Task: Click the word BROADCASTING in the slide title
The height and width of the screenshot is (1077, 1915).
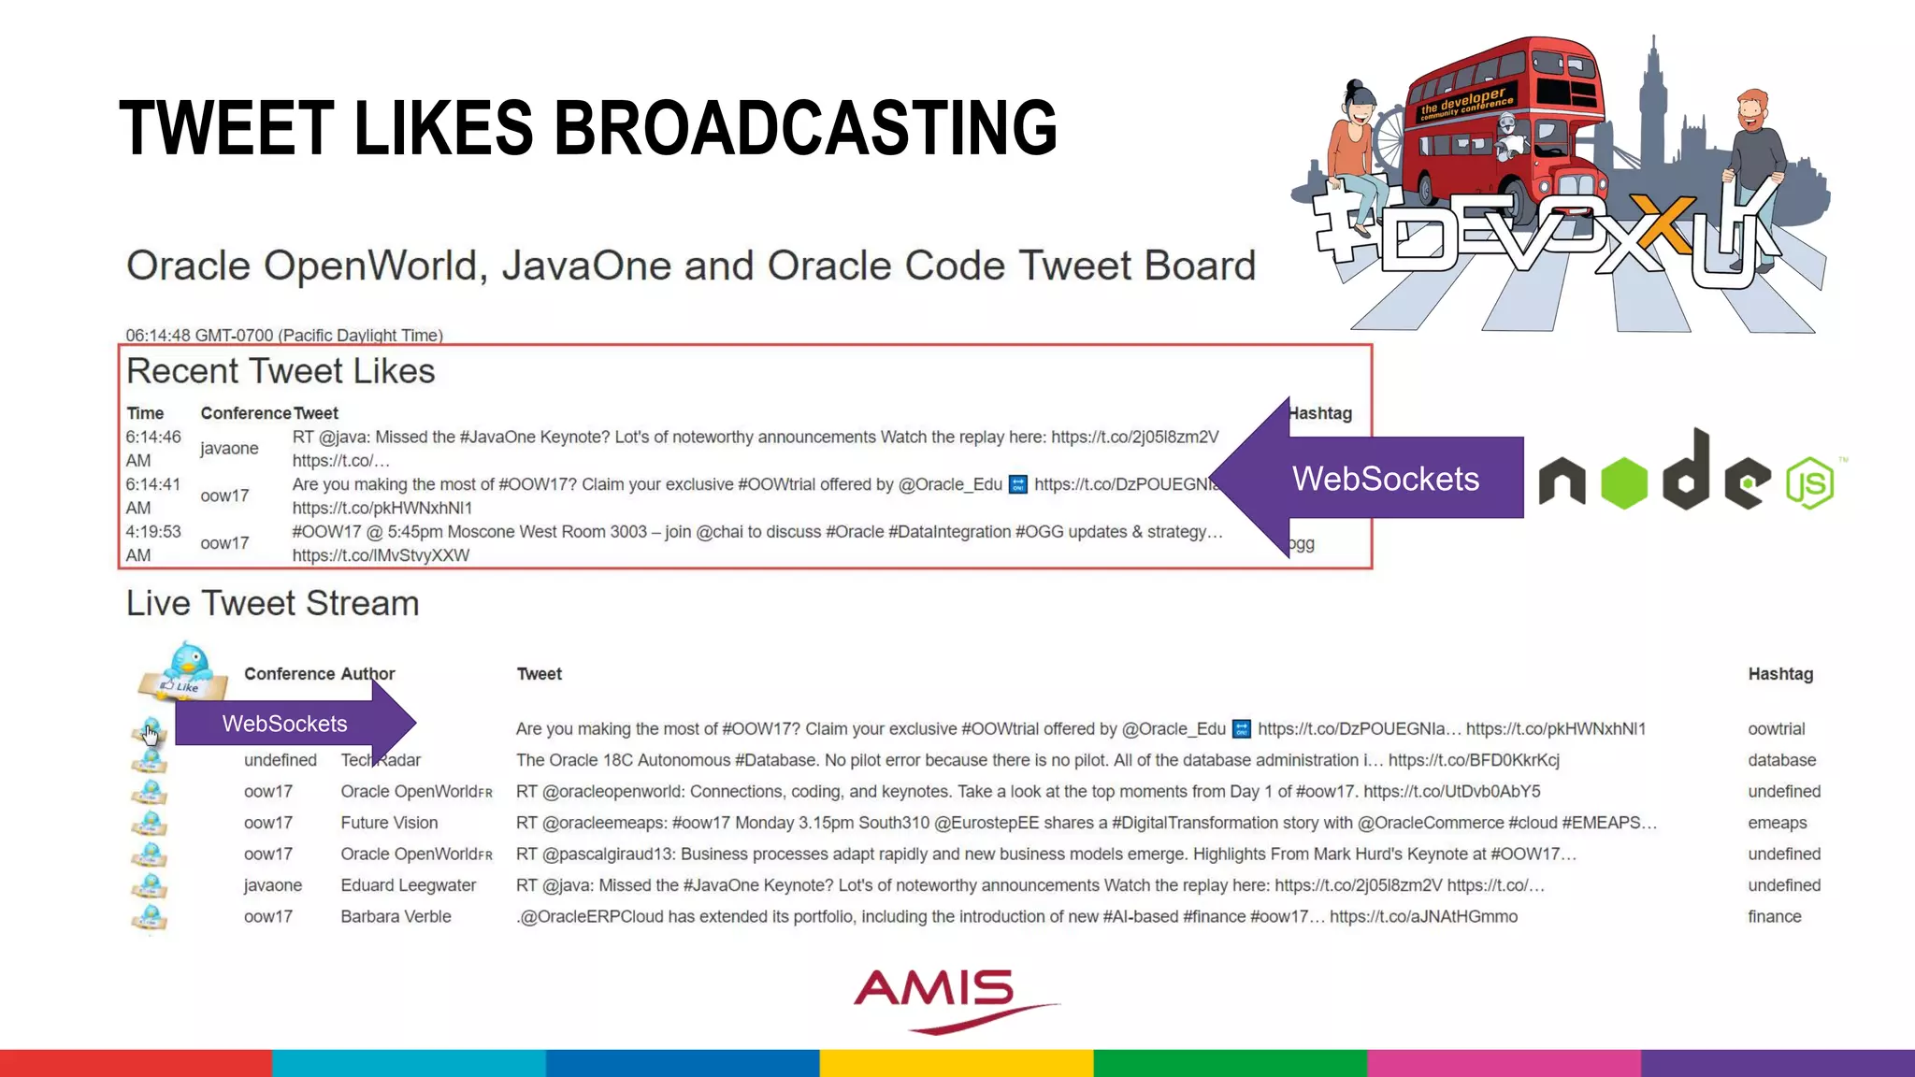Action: (x=805, y=128)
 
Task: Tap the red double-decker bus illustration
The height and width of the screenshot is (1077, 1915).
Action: (x=1505, y=122)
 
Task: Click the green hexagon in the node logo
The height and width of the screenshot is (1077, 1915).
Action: (x=1623, y=482)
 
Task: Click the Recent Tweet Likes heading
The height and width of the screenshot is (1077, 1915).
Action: (x=281, y=371)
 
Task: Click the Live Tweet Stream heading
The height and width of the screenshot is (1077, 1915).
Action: (x=272, y=603)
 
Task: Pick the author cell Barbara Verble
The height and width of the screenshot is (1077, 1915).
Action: (x=396, y=916)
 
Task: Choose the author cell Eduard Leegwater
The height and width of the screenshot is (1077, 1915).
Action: (x=408, y=884)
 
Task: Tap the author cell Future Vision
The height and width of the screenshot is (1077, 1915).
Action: (x=389, y=823)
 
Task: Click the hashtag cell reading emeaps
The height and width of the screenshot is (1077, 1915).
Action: (x=1777, y=823)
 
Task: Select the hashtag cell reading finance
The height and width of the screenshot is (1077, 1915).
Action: (x=1774, y=916)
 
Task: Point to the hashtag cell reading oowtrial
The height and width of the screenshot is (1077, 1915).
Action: (x=1776, y=728)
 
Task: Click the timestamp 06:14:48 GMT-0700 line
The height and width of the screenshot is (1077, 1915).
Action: (x=284, y=335)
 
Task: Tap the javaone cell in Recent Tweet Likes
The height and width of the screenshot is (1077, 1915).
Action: (x=229, y=448)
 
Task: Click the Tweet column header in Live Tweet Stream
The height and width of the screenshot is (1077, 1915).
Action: (x=539, y=673)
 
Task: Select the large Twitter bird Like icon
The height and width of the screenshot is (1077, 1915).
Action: (x=185, y=672)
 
